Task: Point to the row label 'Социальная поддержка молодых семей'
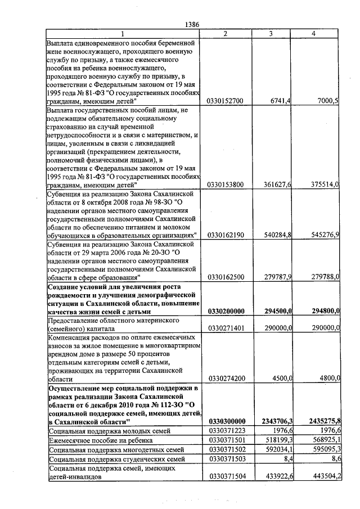coord(101,431)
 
